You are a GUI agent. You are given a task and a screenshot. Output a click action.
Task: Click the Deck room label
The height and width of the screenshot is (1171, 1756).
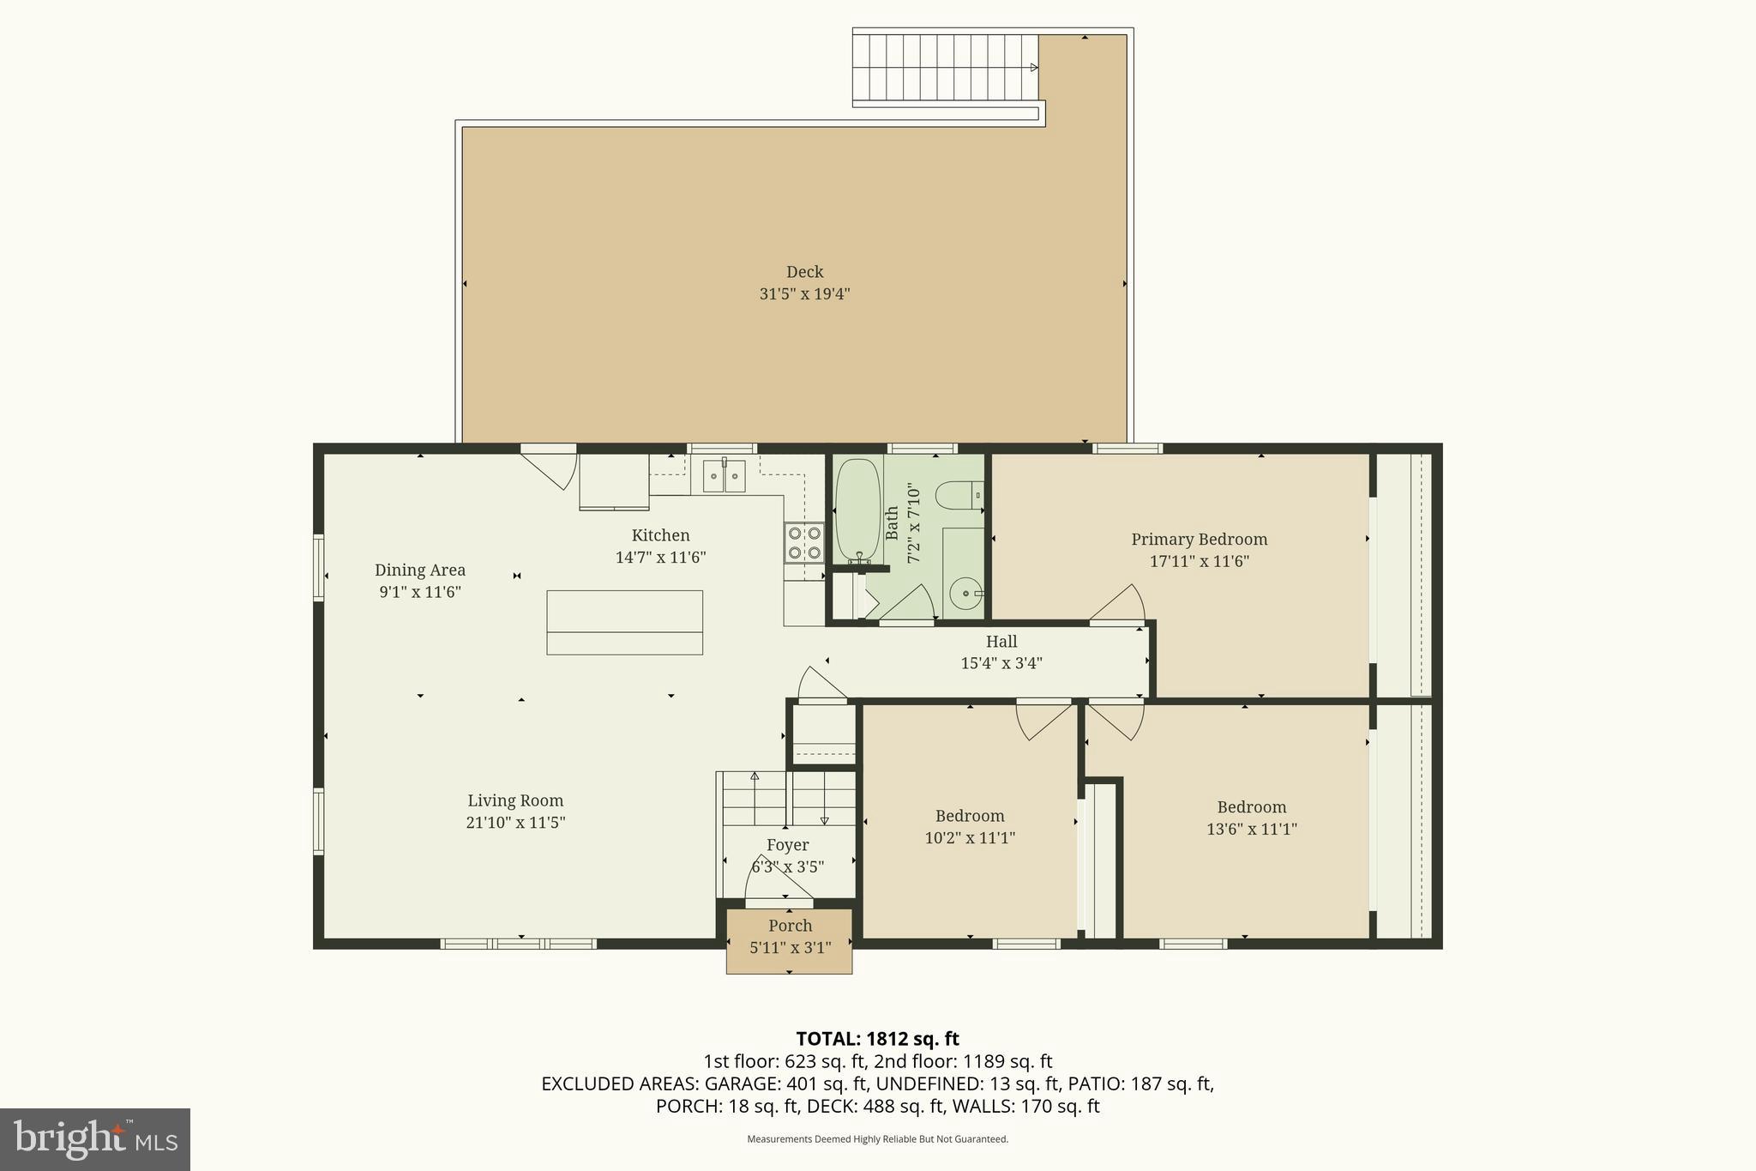(804, 272)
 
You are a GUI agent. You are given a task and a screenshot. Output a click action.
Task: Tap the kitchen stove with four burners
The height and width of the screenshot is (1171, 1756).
(803, 543)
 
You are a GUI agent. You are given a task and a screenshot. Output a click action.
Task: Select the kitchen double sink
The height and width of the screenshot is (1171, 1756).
(725, 476)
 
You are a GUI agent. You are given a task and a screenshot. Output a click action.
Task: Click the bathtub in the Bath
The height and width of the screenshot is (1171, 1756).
(857, 510)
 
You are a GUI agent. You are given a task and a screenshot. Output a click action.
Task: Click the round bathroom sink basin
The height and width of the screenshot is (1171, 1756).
(966, 593)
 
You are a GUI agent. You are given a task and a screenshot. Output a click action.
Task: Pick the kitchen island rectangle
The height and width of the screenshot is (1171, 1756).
(624, 622)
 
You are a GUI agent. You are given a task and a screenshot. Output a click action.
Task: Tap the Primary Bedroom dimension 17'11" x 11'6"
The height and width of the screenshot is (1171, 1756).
(1199, 562)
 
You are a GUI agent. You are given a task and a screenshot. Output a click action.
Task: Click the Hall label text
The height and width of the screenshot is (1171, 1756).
(1001, 642)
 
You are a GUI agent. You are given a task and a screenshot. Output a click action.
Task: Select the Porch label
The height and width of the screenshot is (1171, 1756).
(790, 926)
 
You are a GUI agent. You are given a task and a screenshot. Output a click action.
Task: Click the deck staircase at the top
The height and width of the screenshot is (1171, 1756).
(945, 68)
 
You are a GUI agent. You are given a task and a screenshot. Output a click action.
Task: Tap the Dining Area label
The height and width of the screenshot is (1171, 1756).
(419, 570)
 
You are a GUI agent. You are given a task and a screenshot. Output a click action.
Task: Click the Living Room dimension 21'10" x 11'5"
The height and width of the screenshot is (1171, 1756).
(515, 823)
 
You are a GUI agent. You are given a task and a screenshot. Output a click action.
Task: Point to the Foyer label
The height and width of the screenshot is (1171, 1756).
(787, 845)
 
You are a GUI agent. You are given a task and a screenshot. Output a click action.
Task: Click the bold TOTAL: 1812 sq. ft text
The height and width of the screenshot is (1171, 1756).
(877, 1039)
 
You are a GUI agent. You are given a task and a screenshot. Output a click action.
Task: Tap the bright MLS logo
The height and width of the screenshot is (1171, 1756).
(95, 1139)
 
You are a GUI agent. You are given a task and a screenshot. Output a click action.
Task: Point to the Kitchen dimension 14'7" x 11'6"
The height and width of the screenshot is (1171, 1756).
(660, 558)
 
